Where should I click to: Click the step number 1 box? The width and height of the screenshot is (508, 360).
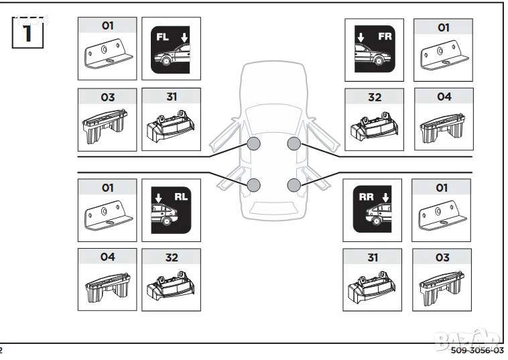pos(27,32)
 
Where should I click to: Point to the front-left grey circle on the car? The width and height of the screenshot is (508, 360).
pos(253,144)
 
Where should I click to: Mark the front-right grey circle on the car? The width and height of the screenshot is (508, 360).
pos(294,144)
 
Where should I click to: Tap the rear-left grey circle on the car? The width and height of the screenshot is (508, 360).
pos(253,185)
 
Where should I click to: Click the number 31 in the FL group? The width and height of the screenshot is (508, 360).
pos(172,97)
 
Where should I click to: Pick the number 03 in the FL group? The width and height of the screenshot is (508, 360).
pos(107,97)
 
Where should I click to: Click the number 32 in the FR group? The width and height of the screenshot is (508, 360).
pos(374,97)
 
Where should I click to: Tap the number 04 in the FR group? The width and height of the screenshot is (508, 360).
pos(444,97)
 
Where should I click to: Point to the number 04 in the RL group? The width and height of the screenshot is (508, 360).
pos(107,257)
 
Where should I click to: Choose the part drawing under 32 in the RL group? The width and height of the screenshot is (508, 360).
pos(172,285)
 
